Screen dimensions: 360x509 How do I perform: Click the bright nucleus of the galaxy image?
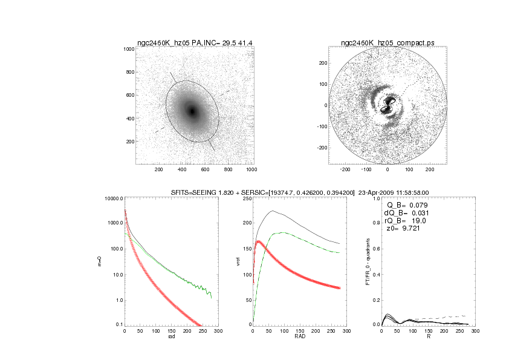[193, 111]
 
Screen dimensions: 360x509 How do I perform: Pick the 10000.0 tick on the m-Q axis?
[113, 199]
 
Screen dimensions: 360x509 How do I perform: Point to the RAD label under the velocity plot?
[296, 336]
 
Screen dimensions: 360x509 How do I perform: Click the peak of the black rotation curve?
[273, 211]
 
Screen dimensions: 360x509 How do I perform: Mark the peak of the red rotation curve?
[259, 241]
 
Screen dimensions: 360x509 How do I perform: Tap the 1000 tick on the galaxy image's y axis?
[128, 49]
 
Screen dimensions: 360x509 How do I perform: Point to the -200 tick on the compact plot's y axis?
[321, 147]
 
